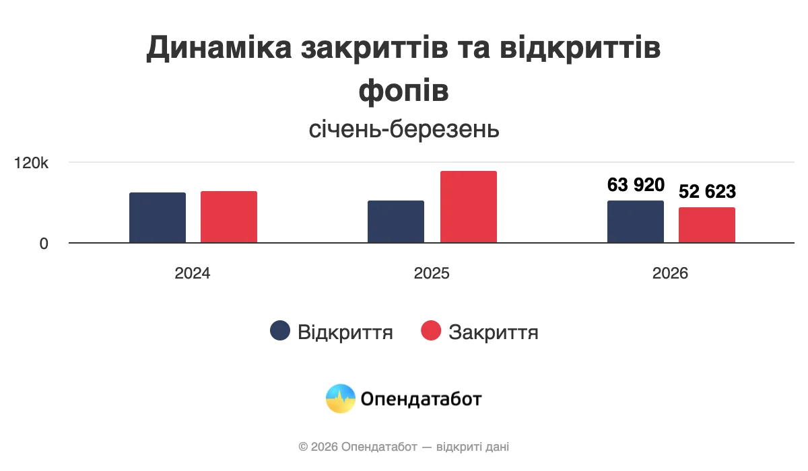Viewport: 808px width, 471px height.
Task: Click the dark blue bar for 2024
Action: [x=158, y=217]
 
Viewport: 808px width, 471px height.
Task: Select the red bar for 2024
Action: [x=229, y=217]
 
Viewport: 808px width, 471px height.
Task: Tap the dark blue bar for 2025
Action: [x=396, y=221]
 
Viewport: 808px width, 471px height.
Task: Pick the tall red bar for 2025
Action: [x=469, y=207]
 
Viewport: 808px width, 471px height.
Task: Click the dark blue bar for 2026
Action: [x=636, y=221]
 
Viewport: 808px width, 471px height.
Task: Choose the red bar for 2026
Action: [x=707, y=225]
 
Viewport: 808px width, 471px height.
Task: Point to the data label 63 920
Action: [x=636, y=185]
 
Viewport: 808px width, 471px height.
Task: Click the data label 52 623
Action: [x=707, y=192]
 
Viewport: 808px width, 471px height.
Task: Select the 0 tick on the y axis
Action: [x=44, y=244]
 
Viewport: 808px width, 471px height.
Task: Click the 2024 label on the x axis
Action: [x=193, y=274]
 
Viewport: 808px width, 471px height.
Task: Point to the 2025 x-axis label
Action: [x=432, y=274]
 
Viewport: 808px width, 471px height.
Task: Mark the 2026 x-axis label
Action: [x=671, y=274]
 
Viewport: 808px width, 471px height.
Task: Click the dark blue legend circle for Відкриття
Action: [x=280, y=331]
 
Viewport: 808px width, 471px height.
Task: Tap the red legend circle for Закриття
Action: [x=431, y=331]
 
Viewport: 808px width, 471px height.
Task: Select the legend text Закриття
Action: [x=494, y=332]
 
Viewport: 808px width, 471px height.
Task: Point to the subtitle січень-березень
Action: [x=404, y=129]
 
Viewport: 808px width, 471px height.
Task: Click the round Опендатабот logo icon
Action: [x=340, y=399]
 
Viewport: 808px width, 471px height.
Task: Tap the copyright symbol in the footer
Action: [x=303, y=447]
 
